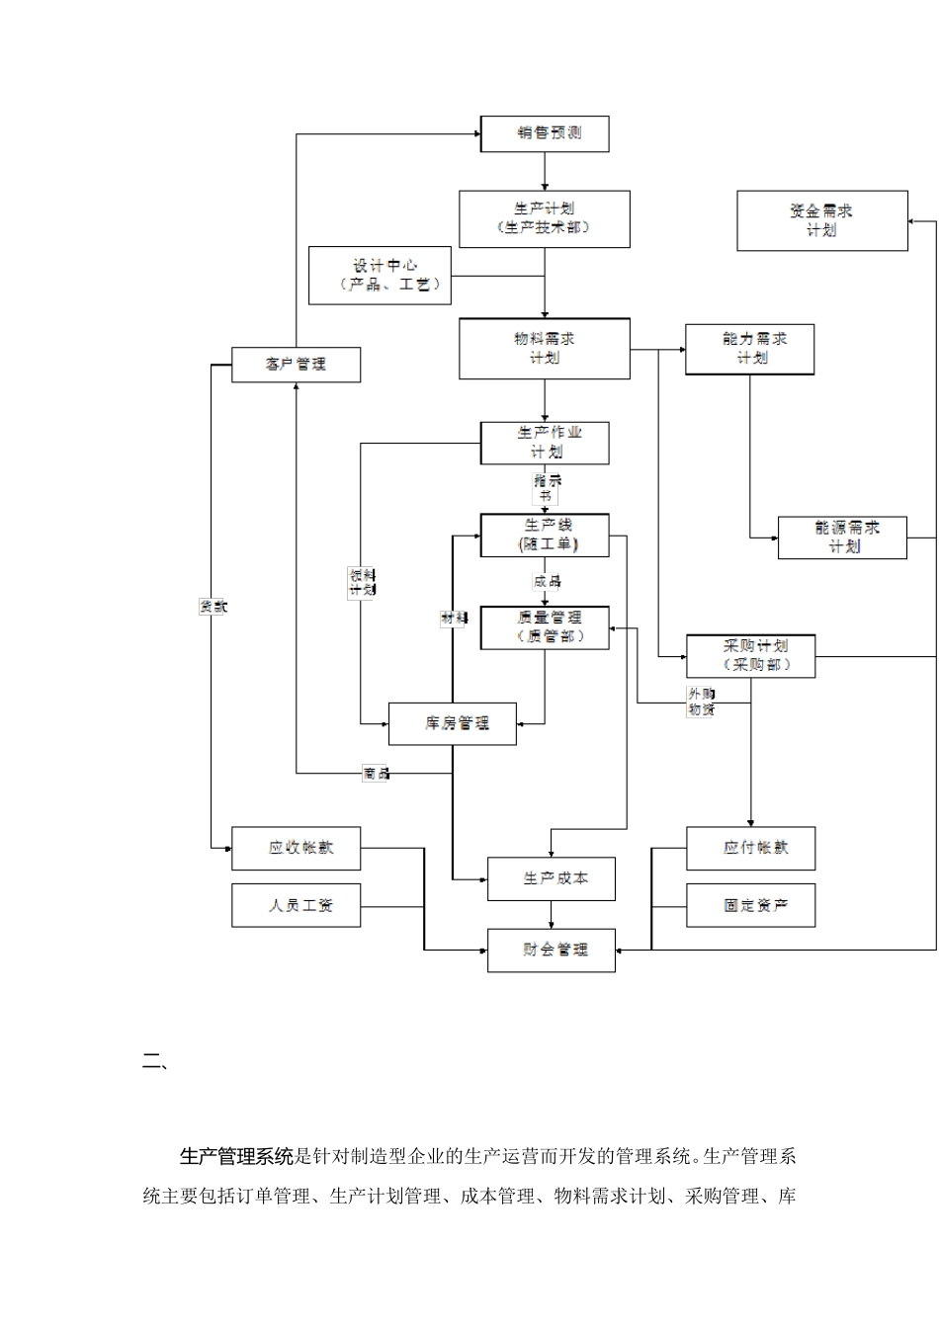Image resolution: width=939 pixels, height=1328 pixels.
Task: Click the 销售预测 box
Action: [545, 134]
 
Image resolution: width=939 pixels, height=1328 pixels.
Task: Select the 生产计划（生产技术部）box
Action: [545, 219]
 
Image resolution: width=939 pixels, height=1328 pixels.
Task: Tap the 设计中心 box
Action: [381, 276]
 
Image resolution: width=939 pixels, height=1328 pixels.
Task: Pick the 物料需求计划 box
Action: [545, 349]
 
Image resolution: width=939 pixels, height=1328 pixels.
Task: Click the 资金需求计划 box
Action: [822, 220]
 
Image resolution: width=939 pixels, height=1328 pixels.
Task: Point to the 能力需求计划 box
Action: [750, 349]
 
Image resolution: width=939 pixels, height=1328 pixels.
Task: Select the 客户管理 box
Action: [296, 365]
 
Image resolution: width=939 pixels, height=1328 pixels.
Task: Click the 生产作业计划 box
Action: [545, 443]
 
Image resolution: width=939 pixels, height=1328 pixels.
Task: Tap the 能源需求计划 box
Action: [842, 538]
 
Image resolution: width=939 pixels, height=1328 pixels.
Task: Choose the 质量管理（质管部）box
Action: [545, 627]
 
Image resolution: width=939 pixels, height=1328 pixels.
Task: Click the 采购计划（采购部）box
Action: [751, 656]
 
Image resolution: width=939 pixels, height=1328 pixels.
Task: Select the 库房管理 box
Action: [453, 723]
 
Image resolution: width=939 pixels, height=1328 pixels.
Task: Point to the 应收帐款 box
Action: [297, 848]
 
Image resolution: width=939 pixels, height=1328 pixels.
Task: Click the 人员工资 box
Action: [297, 905]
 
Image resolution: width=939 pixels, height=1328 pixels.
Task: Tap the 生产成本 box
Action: [552, 878]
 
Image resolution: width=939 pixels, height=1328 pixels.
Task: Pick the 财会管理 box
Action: [552, 950]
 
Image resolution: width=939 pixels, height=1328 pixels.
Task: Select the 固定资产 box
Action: [751, 905]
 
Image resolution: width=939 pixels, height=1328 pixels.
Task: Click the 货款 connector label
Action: [213, 607]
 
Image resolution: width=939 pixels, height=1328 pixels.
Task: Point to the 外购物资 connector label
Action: [701, 702]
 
